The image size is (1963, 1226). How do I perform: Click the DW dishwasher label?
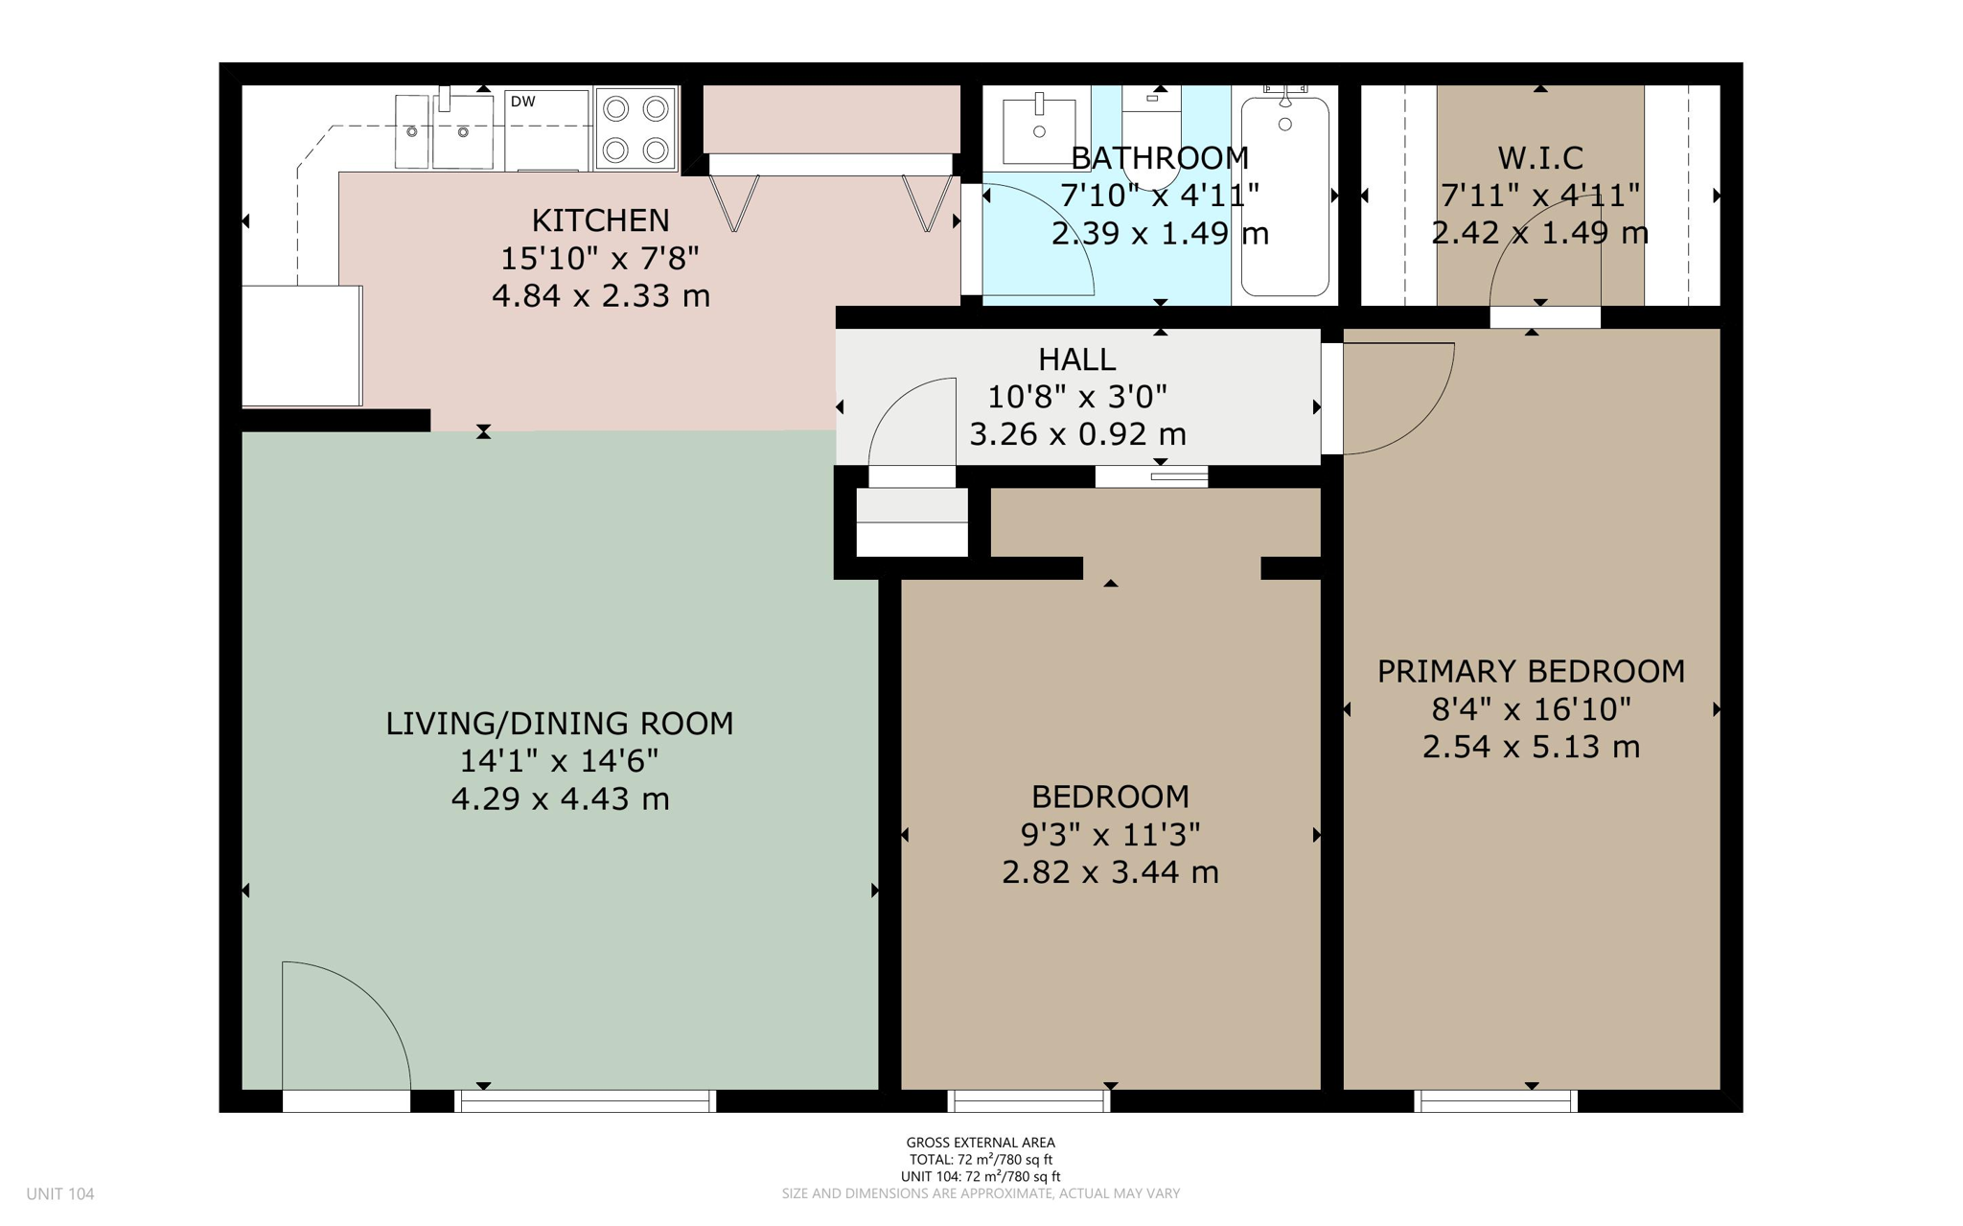522,102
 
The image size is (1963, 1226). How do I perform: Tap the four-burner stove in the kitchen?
635,128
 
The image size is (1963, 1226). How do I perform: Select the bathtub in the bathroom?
1284,197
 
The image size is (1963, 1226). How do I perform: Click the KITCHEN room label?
600,220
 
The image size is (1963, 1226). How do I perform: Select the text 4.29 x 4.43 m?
560,798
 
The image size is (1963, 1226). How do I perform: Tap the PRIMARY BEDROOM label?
1531,671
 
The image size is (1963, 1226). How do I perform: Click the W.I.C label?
1539,157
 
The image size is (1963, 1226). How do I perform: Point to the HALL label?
1076,359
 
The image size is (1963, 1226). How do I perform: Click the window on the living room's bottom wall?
585,1101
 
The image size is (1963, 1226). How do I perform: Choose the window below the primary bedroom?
1495,1101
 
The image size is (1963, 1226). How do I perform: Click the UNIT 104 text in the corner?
60,1193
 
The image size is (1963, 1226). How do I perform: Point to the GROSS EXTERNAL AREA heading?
981,1143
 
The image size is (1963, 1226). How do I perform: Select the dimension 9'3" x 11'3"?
1110,835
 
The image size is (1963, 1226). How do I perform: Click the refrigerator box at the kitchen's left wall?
301,345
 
